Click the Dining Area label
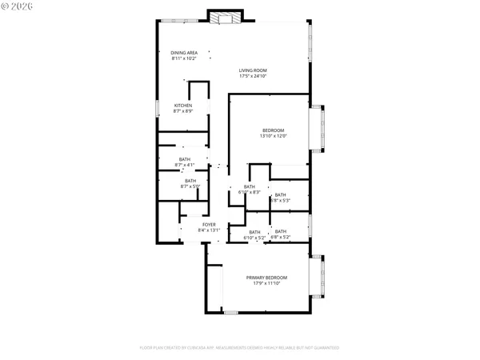(183, 53)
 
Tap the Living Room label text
(253, 70)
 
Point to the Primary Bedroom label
(266, 278)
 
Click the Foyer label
(208, 225)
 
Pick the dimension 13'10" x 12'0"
(272, 136)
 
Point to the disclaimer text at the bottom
(240, 348)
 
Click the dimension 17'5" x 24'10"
(253, 76)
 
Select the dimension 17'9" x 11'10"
(266, 283)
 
